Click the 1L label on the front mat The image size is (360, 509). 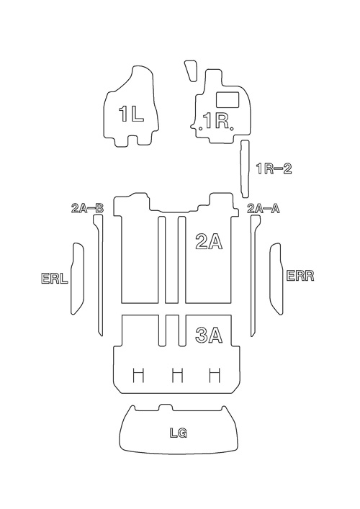tap(131, 114)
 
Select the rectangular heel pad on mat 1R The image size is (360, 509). tap(228, 99)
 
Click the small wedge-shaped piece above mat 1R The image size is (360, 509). tap(191, 71)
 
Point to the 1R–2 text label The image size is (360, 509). tap(274, 168)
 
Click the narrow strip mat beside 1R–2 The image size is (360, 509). tap(245, 168)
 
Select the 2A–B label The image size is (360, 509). tap(87, 208)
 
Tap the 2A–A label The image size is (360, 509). tap(264, 208)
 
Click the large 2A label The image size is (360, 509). tap(209, 241)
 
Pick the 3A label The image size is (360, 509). tap(209, 335)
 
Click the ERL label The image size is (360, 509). tap(55, 279)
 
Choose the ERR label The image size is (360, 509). tap(300, 276)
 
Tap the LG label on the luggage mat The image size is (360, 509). tap(179, 433)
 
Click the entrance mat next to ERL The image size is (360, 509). tap(77, 278)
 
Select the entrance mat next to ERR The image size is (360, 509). tap(276, 279)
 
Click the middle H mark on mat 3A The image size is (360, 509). tap(177, 375)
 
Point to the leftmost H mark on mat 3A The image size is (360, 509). tap(139, 375)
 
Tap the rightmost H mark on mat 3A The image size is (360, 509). tap(215, 375)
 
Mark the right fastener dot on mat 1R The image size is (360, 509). tap(231, 129)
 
